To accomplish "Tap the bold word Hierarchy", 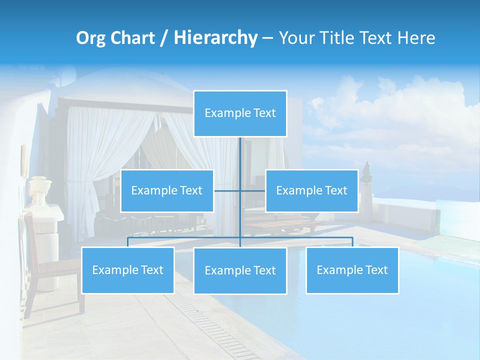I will [x=215, y=38].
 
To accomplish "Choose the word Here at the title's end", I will [x=416, y=38].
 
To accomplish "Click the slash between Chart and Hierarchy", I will [x=164, y=38].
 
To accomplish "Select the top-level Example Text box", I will [x=240, y=113].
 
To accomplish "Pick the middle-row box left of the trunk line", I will [x=167, y=190].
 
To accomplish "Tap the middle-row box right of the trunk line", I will [x=311, y=190].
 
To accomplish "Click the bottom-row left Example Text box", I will [x=127, y=270].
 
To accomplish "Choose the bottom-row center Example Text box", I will [x=240, y=270].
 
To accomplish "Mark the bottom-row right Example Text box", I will [x=352, y=270].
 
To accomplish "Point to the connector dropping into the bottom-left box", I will [x=127, y=242].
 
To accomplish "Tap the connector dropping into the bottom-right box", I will [x=352, y=242].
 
